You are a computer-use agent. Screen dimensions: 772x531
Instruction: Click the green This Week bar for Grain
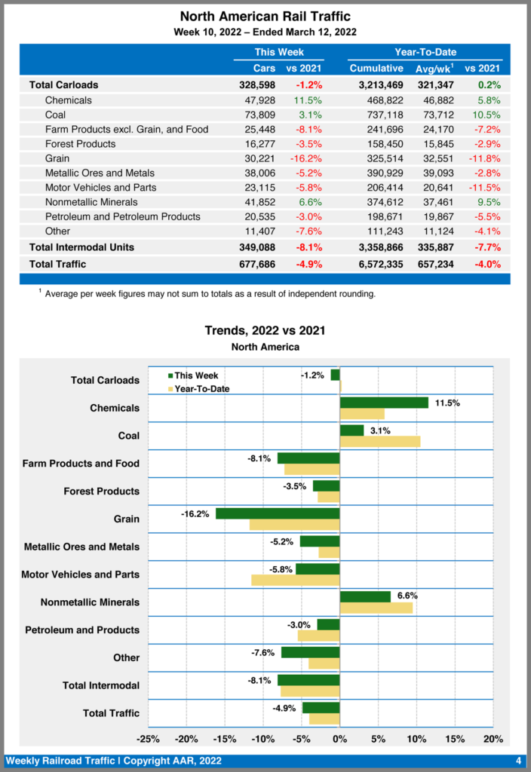278,513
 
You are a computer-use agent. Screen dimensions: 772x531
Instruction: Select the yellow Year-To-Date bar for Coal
380,441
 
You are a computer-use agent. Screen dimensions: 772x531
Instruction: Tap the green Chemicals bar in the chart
384,403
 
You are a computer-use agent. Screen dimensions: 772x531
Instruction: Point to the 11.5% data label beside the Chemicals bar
447,403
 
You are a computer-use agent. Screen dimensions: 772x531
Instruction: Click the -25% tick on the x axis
149,739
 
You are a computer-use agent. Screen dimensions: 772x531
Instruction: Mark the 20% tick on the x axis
493,739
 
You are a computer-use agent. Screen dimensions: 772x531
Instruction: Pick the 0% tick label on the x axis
340,739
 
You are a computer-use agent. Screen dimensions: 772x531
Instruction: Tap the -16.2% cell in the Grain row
305,158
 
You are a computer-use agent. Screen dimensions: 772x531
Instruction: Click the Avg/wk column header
434,69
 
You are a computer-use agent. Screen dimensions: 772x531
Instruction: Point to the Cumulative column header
376,69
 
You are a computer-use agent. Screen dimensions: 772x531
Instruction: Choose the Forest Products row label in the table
80,144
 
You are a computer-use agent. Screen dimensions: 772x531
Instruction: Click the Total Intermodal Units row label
81,247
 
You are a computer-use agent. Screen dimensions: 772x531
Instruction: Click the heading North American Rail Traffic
265,17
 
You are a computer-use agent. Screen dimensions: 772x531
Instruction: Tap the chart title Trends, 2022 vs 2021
265,331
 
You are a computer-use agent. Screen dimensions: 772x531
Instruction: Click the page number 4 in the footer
518,760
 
